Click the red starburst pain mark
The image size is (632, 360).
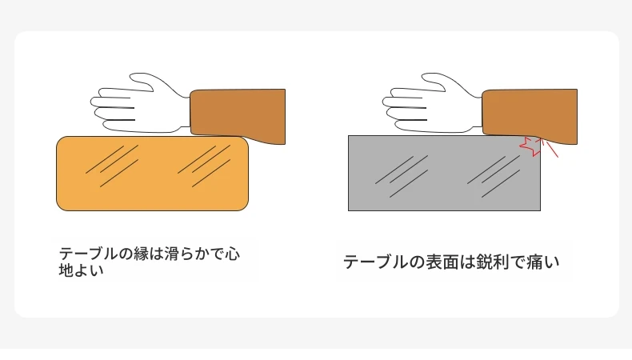[531, 146]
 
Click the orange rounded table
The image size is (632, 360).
[152, 174]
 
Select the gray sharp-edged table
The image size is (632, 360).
[444, 174]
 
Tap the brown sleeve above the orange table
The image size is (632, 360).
[238, 115]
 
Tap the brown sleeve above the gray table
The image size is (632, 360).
[530, 115]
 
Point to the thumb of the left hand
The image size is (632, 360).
[143, 81]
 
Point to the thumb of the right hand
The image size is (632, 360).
[435, 81]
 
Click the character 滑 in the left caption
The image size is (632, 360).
[172, 254]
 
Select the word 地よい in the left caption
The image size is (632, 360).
[82, 270]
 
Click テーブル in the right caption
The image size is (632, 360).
[376, 262]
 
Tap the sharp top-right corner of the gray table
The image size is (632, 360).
[541, 136]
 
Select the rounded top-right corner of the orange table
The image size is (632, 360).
[245, 140]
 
